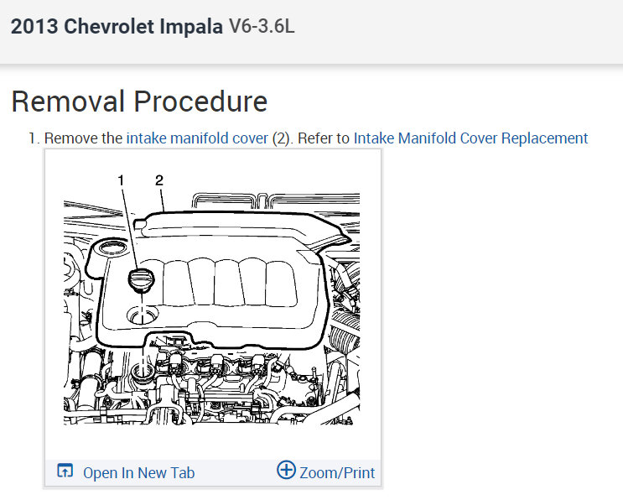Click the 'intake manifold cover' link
tap(197, 138)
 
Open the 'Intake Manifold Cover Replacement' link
tap(470, 138)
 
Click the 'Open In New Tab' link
tap(138, 473)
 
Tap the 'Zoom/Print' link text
tap(337, 473)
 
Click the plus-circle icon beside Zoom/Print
tap(286, 471)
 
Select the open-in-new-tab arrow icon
tap(65, 471)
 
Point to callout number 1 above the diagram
tap(122, 180)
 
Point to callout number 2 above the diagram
tap(159, 180)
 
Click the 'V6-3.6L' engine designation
tap(262, 27)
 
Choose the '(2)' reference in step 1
tap(282, 138)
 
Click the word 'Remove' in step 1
tap(70, 138)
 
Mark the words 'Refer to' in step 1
tap(323, 138)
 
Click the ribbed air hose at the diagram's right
tap(346, 336)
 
